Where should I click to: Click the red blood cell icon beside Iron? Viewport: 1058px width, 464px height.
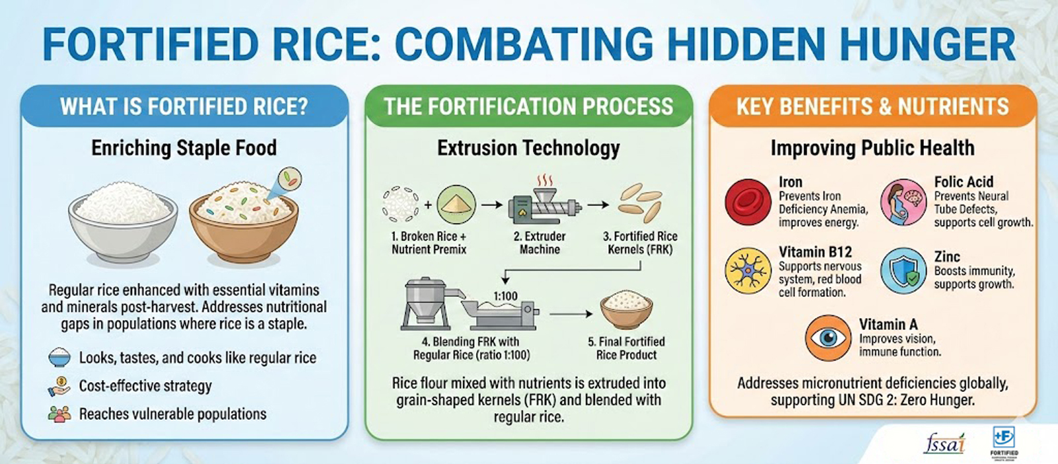pyautogui.click(x=748, y=202)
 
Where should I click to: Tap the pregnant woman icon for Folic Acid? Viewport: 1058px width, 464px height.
pyautogui.click(x=903, y=202)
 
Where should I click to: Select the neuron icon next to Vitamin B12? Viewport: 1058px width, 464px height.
pyautogui.click(x=748, y=271)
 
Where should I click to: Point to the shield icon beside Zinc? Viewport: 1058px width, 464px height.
pyautogui.click(x=903, y=271)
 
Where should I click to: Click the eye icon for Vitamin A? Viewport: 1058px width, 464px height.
pyautogui.click(x=828, y=338)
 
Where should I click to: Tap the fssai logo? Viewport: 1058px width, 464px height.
pyautogui.click(x=944, y=443)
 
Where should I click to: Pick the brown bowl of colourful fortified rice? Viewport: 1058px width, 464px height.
pyautogui.click(x=244, y=222)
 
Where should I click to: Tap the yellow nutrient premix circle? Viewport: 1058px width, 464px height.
pyautogui.click(x=456, y=204)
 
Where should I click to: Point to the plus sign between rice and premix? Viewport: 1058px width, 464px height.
pyautogui.click(x=428, y=205)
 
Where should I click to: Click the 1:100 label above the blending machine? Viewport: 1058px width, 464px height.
pyautogui.click(x=505, y=296)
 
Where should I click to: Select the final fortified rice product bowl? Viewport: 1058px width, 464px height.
pyautogui.click(x=627, y=311)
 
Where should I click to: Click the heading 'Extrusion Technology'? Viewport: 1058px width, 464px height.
pyautogui.click(x=528, y=148)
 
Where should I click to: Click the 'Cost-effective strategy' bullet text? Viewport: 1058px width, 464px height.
pyautogui.click(x=145, y=386)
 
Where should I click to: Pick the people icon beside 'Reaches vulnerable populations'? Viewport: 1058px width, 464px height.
pyautogui.click(x=60, y=414)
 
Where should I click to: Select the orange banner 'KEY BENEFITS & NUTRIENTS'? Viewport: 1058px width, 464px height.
pyautogui.click(x=873, y=106)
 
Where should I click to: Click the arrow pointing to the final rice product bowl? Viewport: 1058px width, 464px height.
pyautogui.click(x=571, y=314)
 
